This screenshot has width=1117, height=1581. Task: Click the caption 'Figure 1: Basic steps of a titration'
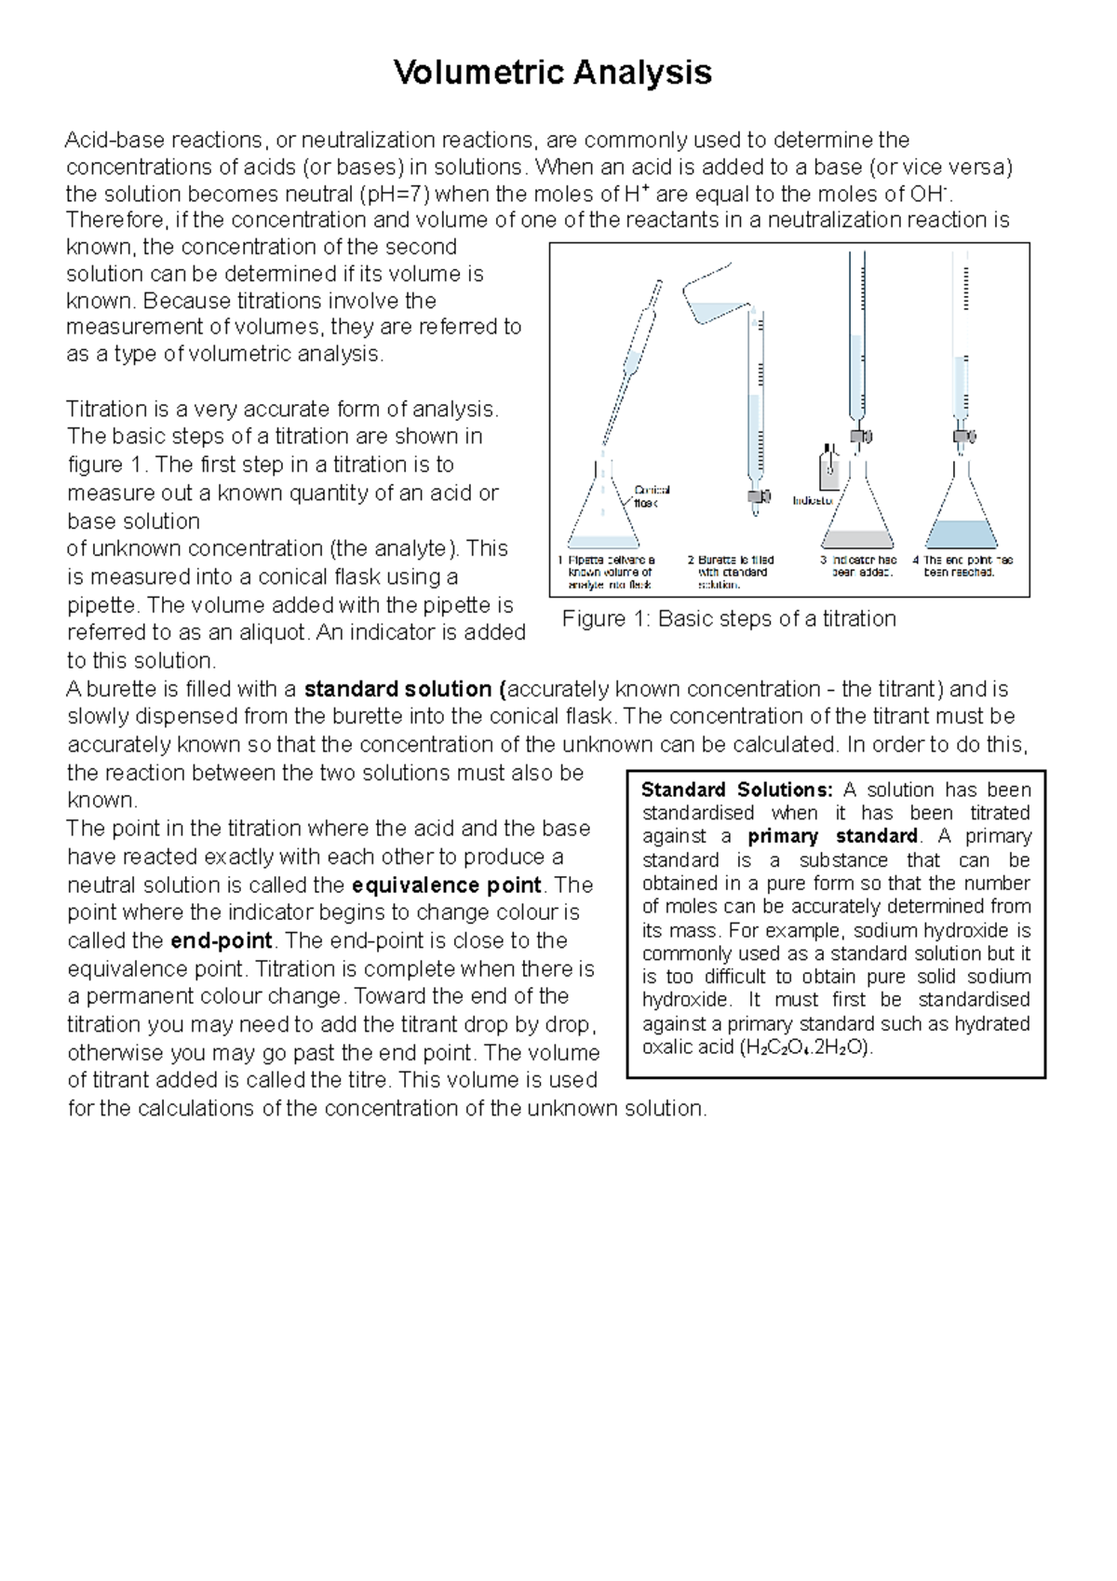click(729, 619)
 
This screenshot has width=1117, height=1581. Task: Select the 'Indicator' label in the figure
click(812, 501)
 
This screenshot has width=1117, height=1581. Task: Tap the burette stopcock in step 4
click(962, 435)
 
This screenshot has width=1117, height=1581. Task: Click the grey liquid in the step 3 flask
click(857, 538)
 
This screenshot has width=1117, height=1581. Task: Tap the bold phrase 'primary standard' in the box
click(832, 836)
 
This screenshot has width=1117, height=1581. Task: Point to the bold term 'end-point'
click(222, 940)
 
